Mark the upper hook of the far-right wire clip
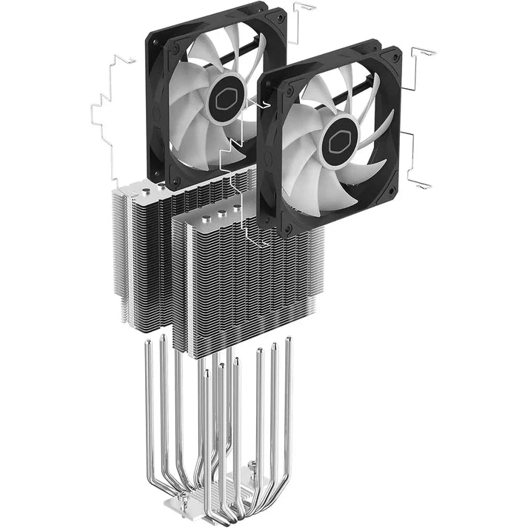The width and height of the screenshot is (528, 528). tap(422, 56)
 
